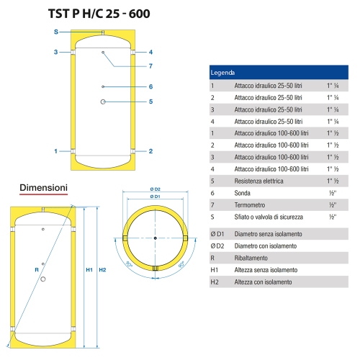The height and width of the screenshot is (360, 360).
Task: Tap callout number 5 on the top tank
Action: (151, 102)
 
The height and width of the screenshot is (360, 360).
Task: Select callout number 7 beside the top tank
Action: (151, 66)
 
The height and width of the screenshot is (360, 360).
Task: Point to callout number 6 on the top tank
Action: (151, 86)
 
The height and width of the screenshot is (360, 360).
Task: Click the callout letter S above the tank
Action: (55, 32)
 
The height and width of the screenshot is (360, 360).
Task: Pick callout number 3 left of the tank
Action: (55, 52)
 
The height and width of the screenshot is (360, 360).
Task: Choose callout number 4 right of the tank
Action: (151, 52)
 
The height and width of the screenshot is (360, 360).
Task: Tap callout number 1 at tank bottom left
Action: (55, 151)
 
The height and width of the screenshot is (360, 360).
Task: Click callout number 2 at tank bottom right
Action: (151, 151)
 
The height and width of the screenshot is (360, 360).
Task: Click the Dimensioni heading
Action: (43, 187)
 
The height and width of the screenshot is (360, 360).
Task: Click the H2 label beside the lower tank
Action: (102, 270)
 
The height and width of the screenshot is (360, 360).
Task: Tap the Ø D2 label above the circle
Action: (155, 189)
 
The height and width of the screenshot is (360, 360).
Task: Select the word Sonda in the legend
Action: (243, 192)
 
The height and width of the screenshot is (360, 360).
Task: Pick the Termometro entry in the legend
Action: (250, 204)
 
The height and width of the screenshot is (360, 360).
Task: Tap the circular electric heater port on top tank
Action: (104, 102)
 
